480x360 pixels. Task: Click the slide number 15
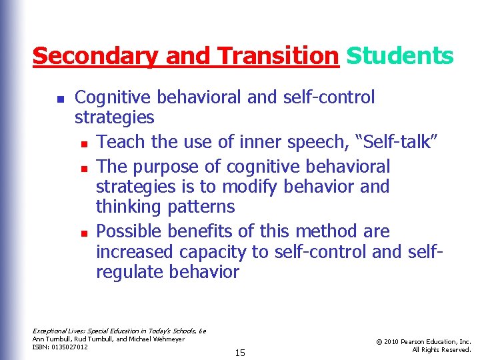(240, 352)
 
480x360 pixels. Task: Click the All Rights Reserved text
(441, 349)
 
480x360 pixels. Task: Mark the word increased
(135, 252)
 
